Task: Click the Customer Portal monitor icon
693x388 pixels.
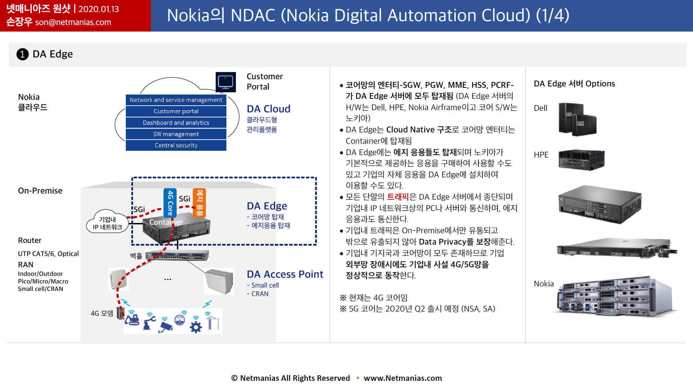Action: pos(226,82)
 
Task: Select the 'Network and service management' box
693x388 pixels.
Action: pos(176,100)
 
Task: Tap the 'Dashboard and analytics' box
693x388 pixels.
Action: pos(176,122)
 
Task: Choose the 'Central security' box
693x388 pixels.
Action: pos(176,145)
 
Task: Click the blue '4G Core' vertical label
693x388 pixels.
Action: pos(170,203)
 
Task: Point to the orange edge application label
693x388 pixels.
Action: pos(199,203)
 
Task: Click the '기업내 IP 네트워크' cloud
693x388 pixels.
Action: pos(107,222)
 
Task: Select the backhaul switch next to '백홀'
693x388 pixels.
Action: pos(177,255)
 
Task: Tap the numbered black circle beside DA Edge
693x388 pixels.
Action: pos(23,54)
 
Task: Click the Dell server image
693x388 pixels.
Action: pos(578,119)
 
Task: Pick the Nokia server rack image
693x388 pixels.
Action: pos(614,296)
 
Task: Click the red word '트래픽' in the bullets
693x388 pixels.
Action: pos(398,197)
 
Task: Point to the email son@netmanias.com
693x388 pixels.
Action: pos(73,22)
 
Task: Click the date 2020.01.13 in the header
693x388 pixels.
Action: pos(99,9)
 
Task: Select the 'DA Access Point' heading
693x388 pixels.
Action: pos(285,274)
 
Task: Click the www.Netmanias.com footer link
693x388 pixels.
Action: pos(403,378)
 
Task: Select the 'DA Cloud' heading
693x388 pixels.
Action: pos(268,109)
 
